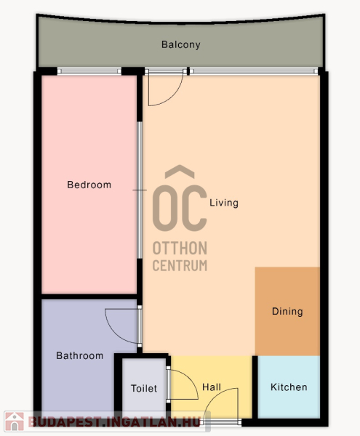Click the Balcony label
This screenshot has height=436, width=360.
point(181,44)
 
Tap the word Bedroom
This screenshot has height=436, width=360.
point(89,185)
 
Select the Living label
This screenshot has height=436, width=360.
point(224,203)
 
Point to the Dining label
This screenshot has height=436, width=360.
point(287,312)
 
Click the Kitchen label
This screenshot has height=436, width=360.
point(289,387)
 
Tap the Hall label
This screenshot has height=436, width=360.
point(212,387)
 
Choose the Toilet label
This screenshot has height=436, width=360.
point(144,389)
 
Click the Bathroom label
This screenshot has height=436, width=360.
point(79,355)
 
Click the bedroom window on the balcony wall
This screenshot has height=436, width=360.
point(89,71)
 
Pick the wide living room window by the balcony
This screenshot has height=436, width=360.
point(254,71)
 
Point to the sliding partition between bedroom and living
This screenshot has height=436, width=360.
point(140,190)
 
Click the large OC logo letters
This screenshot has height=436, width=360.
point(180,208)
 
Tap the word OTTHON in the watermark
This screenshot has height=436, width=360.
point(180,248)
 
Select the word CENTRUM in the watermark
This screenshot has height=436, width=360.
point(180,265)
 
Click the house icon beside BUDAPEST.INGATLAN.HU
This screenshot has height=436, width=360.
point(15,421)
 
